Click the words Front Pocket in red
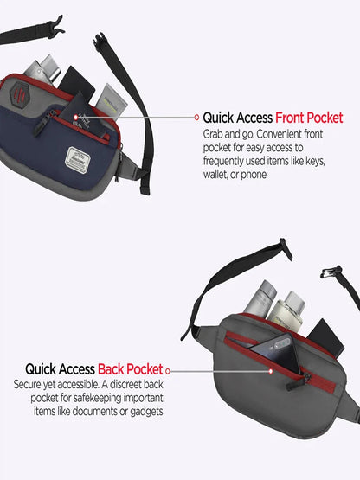309,118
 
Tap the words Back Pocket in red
130,369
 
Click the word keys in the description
315,161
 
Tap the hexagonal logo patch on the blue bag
19,93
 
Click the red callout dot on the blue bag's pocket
75,118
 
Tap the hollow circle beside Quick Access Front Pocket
196,118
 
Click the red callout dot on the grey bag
271,371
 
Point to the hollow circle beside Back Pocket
168,371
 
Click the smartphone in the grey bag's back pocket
275,351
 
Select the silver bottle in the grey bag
260,299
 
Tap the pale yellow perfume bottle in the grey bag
288,310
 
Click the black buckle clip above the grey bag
331,272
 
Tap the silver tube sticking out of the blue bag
43,69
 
